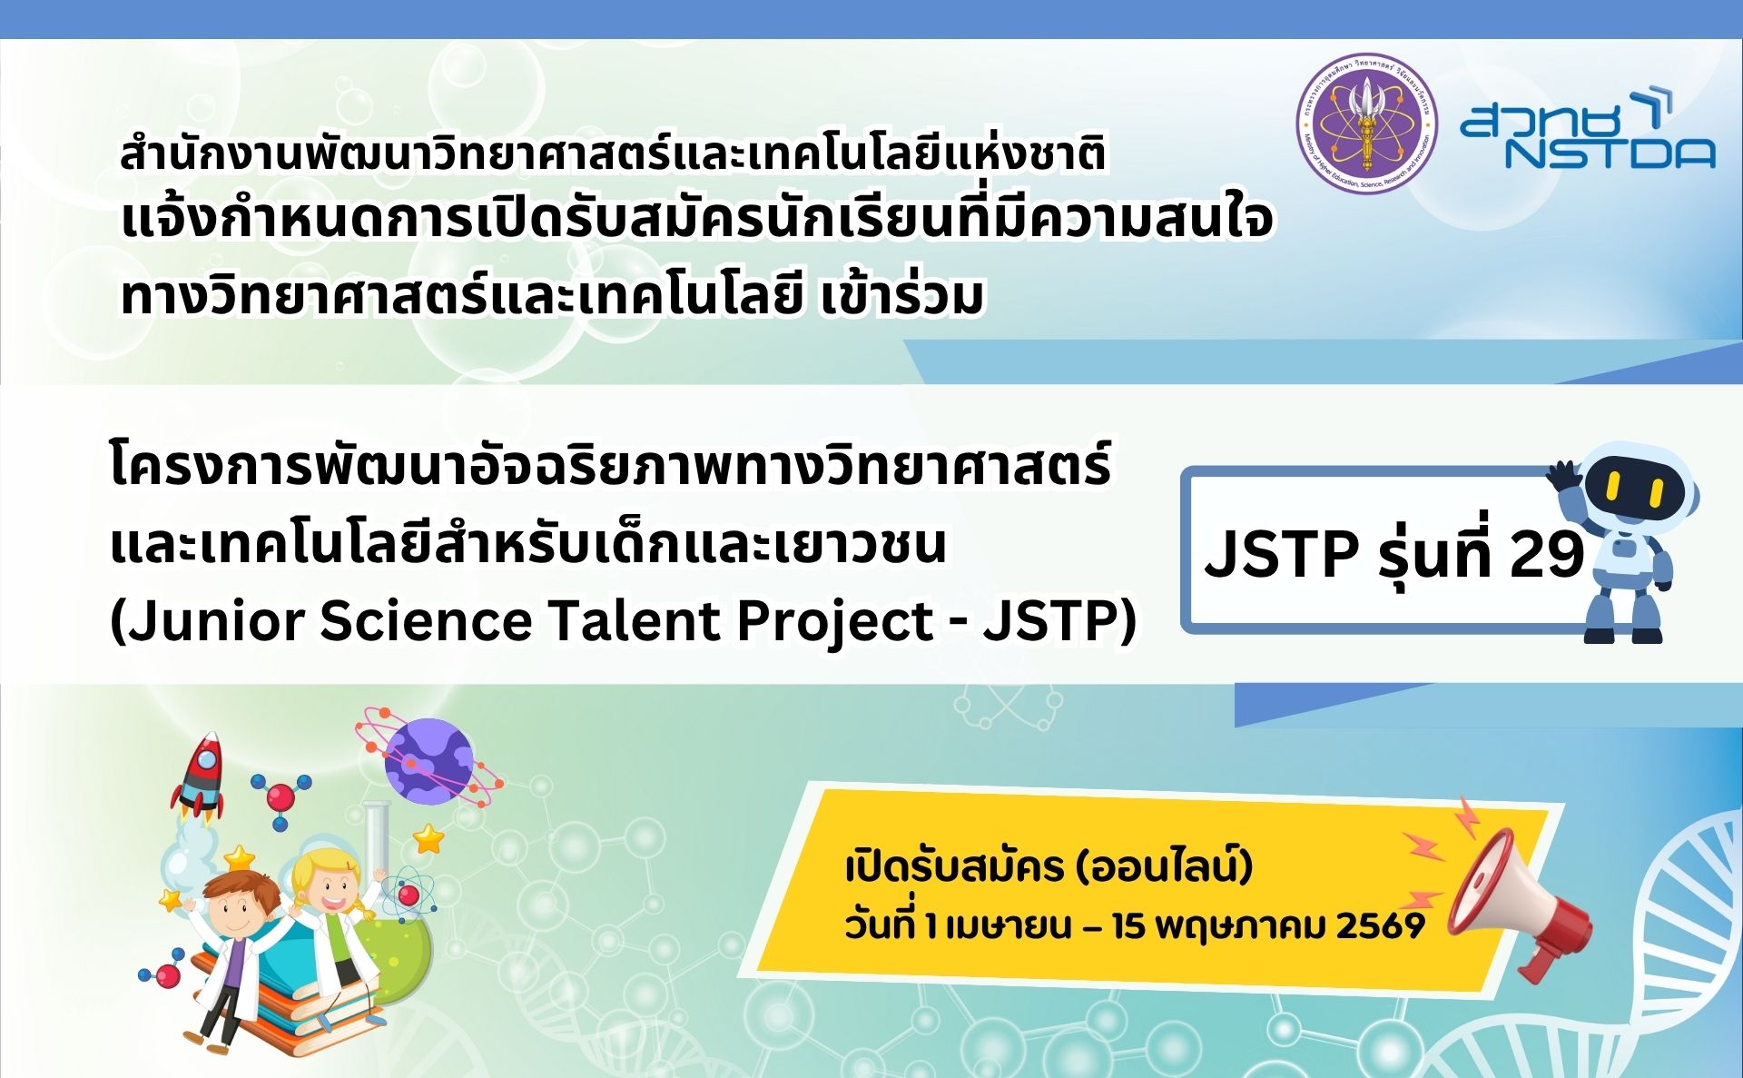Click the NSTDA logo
pyautogui.click(x=1587, y=130)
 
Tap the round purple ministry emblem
pyautogui.click(x=1366, y=124)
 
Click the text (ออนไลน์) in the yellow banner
pyautogui.click(x=1163, y=866)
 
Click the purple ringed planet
pyautogui.click(x=429, y=761)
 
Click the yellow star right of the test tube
pyautogui.click(x=428, y=837)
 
